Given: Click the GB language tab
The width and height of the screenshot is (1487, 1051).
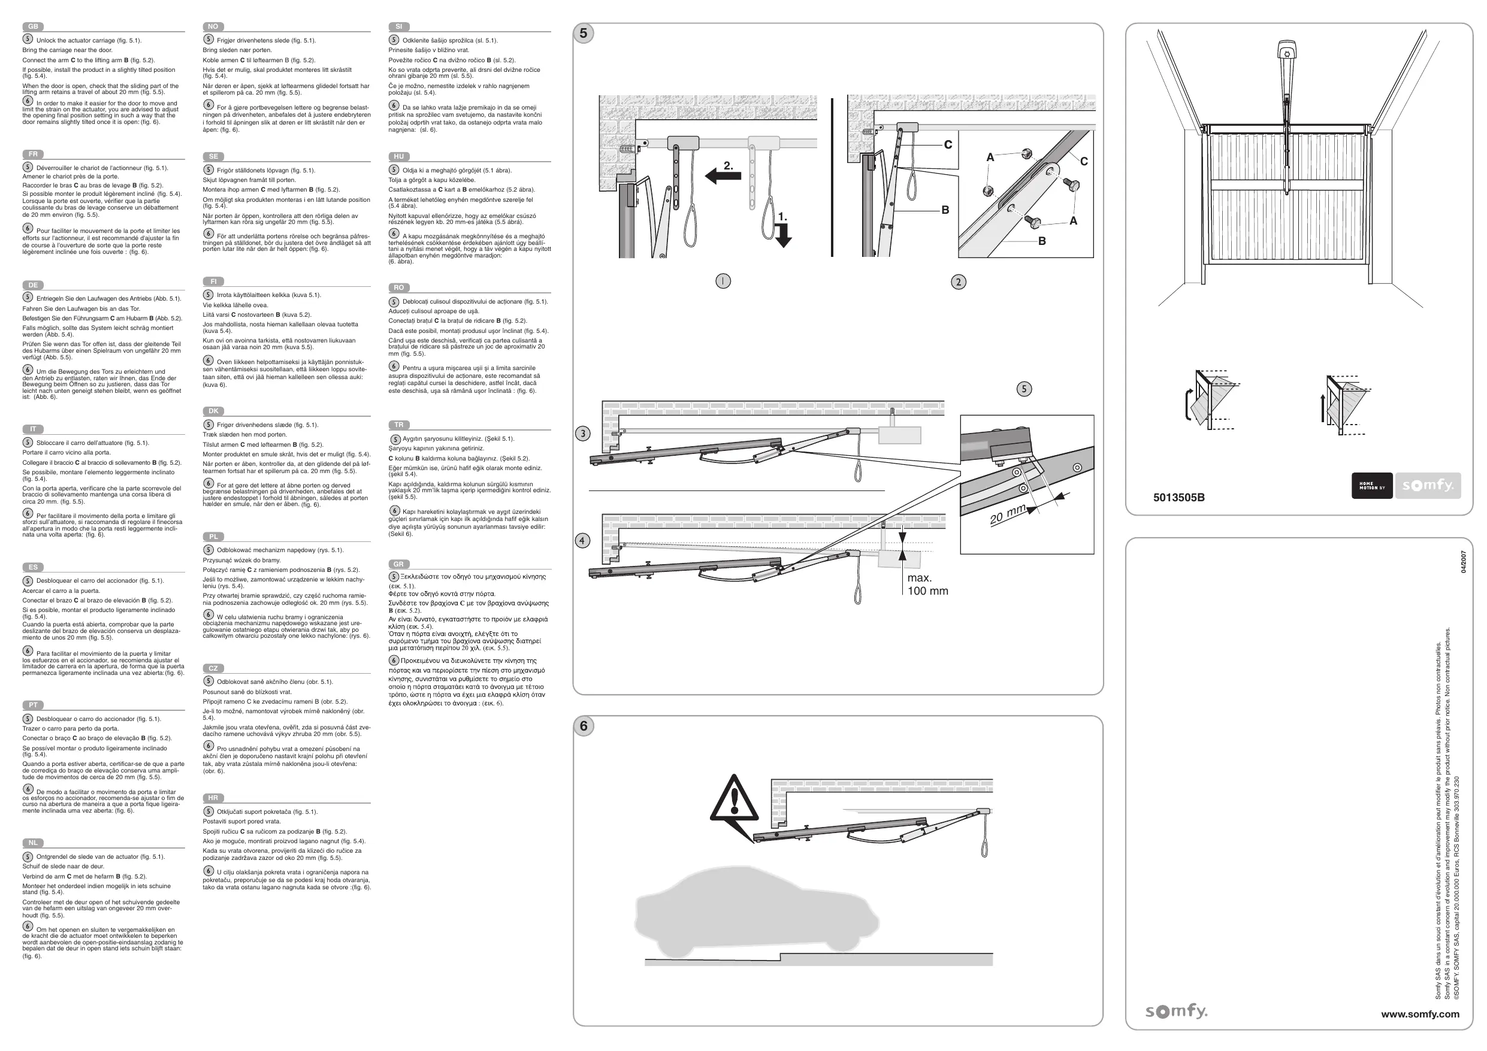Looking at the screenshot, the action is (x=33, y=26).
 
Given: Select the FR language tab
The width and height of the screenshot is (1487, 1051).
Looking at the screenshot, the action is (x=33, y=154).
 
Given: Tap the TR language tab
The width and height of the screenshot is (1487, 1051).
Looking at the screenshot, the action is (x=398, y=425).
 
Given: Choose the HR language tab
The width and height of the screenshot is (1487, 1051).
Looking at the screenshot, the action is (x=213, y=798).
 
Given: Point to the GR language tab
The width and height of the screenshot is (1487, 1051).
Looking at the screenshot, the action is (x=398, y=564).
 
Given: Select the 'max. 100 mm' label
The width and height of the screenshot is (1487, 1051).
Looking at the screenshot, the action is (x=927, y=584).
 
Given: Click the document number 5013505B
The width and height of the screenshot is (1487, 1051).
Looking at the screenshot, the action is (x=1178, y=497).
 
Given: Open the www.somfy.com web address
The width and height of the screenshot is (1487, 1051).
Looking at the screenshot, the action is (x=1420, y=1014).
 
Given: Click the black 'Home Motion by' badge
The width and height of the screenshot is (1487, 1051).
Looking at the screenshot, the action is (x=1372, y=486).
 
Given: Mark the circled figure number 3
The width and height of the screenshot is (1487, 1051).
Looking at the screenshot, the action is (x=583, y=434).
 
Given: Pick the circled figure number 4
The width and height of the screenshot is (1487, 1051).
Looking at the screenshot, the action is (x=583, y=541).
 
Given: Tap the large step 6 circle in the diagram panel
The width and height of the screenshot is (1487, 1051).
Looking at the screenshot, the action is (x=584, y=726).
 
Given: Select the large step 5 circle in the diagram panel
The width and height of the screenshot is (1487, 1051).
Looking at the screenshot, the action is (x=584, y=34).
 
